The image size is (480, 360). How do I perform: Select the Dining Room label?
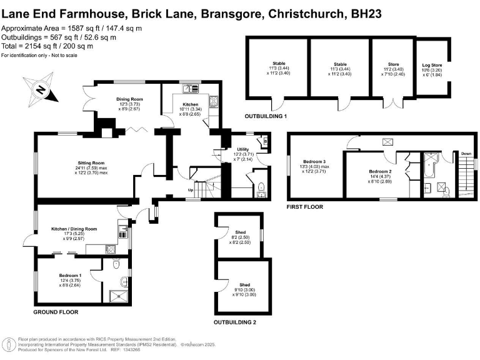(x=129, y=99)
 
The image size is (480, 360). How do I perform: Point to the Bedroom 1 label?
(x=71, y=276)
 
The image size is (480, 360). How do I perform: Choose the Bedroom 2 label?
(x=380, y=171)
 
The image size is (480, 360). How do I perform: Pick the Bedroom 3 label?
(x=316, y=161)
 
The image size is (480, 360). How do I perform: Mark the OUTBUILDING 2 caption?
(x=234, y=322)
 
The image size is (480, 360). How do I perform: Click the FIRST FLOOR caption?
(x=304, y=206)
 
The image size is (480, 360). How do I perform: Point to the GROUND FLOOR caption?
(x=56, y=311)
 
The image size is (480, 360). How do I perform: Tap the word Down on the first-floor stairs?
(x=466, y=153)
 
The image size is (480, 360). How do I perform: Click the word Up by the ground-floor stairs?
(x=191, y=190)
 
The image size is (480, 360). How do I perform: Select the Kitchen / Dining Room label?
(x=74, y=229)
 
